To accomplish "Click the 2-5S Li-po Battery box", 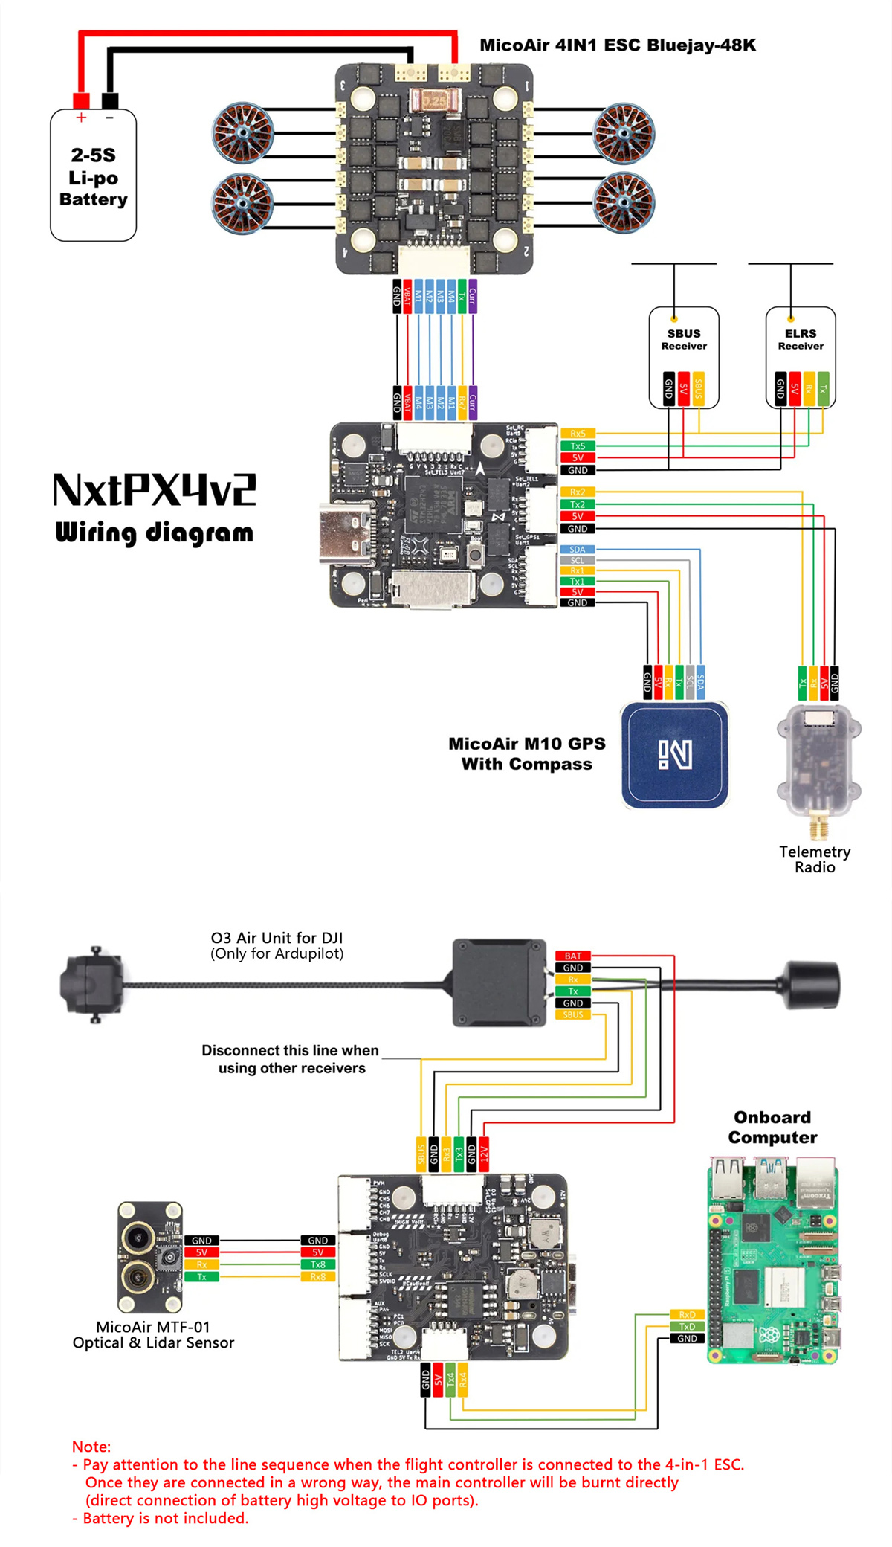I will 93,177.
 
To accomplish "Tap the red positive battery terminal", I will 81,100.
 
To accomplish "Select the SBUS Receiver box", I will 684,357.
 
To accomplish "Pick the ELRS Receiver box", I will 801,357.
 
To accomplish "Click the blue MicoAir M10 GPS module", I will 675,755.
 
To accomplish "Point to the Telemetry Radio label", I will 815,860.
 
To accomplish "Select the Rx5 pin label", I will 578,434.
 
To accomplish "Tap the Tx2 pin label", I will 578,504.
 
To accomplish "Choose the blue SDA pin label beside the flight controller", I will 578,550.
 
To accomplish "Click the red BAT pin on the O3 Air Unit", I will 573,956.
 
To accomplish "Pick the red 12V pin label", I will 484,1154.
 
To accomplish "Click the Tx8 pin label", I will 318,1264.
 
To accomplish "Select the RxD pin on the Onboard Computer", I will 687,1315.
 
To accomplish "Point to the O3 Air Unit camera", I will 92,985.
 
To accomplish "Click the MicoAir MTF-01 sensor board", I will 150,1257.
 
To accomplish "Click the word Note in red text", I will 91,1447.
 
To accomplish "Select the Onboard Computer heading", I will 772,1128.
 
